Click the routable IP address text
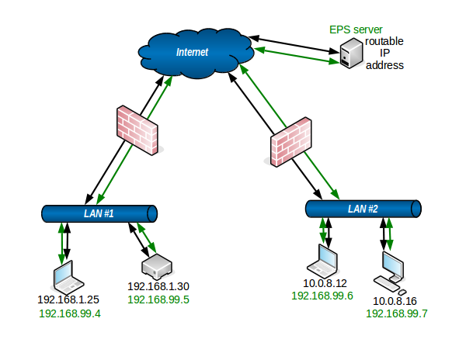(x=384, y=53)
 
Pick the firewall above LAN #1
(x=137, y=130)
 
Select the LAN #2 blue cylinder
(x=363, y=209)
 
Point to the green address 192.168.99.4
(x=70, y=313)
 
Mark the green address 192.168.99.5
(x=158, y=299)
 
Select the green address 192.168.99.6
(x=322, y=296)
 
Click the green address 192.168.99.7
(x=396, y=313)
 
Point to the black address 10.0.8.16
(x=395, y=301)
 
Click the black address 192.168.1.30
(x=158, y=286)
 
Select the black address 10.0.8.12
(x=325, y=283)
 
